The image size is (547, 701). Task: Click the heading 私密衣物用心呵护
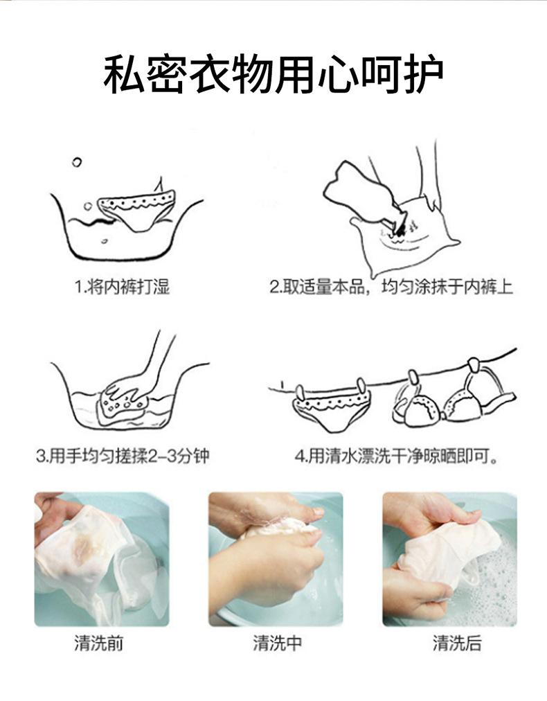[273, 74]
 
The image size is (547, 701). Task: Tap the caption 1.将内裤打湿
[122, 287]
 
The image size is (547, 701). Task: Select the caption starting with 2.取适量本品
[391, 287]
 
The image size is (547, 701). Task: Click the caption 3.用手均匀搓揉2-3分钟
[123, 456]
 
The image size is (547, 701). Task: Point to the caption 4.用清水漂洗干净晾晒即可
[396, 456]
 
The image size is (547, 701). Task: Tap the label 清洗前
[99, 644]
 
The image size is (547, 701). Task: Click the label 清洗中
[278, 644]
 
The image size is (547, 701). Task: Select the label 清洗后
[457, 644]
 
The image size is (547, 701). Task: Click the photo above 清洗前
[102, 559]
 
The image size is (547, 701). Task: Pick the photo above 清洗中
[276, 559]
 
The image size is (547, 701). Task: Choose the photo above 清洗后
[449, 559]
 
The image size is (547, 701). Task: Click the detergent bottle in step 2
[362, 193]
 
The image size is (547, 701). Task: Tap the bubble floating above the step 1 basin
[77, 162]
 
